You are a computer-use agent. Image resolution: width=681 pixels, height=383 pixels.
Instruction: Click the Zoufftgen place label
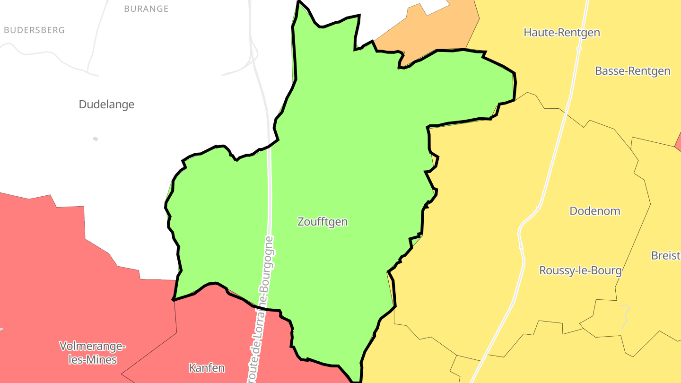pos(323,221)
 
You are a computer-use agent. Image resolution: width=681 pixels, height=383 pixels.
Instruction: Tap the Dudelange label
pos(106,104)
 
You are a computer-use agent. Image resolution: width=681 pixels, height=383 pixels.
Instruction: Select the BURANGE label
pos(146,9)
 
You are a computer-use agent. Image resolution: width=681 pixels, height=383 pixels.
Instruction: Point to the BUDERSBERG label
pos(34,30)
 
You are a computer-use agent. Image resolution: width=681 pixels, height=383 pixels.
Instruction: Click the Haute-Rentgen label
pos(562,32)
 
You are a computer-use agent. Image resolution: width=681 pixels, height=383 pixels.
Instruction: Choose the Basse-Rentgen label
pos(632,71)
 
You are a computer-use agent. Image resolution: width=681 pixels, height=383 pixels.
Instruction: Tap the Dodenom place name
pos(594,211)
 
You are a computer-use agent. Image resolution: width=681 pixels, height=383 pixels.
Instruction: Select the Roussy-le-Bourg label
pos(580,270)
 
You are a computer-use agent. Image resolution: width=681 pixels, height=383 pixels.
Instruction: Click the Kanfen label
pos(207,367)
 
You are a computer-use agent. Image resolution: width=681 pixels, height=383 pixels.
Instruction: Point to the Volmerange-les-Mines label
pos(93,353)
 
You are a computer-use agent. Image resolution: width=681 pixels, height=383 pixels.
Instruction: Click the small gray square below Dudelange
pos(96,139)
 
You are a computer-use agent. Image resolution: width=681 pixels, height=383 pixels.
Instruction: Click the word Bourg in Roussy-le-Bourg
pos(607,270)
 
